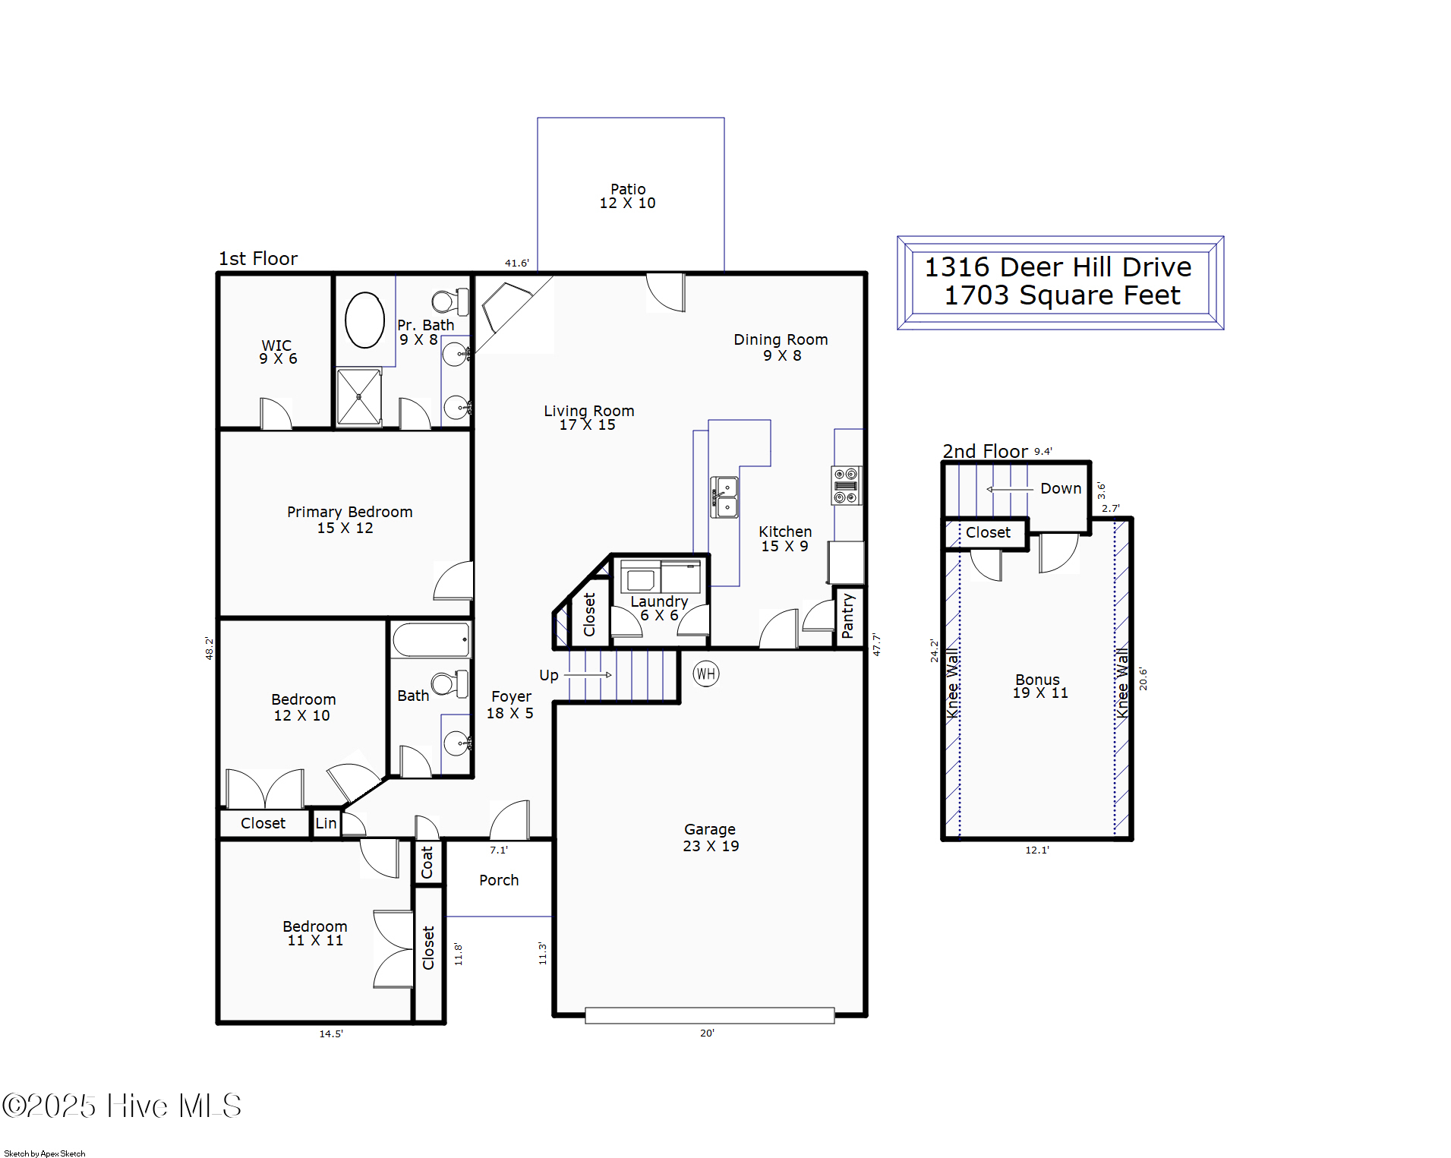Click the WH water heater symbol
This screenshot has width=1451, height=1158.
pyautogui.click(x=705, y=674)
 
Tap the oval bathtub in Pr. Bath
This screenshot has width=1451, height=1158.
pyautogui.click(x=364, y=320)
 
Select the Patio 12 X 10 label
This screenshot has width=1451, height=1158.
pyautogui.click(x=628, y=196)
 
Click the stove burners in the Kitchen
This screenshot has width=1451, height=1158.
pyautogui.click(x=846, y=485)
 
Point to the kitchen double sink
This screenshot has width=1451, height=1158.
pyautogui.click(x=724, y=497)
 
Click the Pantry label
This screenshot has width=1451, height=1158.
pyautogui.click(x=848, y=616)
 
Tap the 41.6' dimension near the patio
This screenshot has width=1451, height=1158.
pyautogui.click(x=516, y=263)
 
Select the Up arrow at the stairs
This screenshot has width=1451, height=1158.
pyautogui.click(x=588, y=674)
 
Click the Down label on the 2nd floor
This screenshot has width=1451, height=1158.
pyautogui.click(x=1061, y=488)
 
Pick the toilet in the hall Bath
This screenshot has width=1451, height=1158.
pyautogui.click(x=450, y=683)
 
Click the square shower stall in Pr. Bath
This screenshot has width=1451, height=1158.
pyautogui.click(x=359, y=396)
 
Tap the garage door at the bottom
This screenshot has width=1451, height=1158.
pyautogui.click(x=709, y=1015)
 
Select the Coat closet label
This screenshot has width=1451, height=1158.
pyautogui.click(x=427, y=862)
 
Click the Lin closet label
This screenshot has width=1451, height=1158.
pyautogui.click(x=326, y=823)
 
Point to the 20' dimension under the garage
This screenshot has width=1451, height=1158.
pyautogui.click(x=707, y=1033)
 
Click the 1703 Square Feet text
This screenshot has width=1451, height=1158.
pyautogui.click(x=1061, y=295)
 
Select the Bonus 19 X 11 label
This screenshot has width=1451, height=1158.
pyautogui.click(x=1039, y=686)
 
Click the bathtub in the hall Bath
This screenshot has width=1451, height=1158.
pyautogui.click(x=431, y=640)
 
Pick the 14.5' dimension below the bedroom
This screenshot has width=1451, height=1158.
pyautogui.click(x=331, y=1033)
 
